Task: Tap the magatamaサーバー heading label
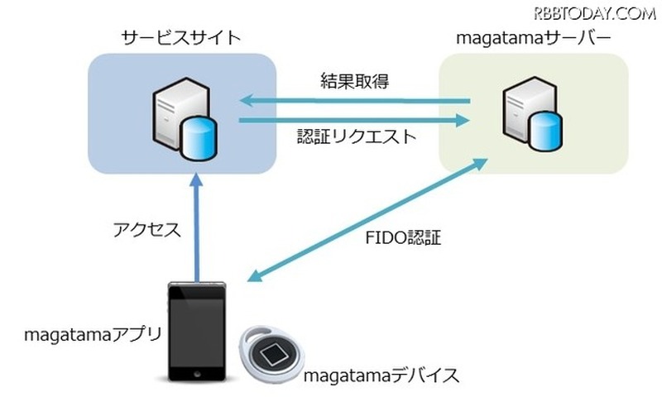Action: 523,38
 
